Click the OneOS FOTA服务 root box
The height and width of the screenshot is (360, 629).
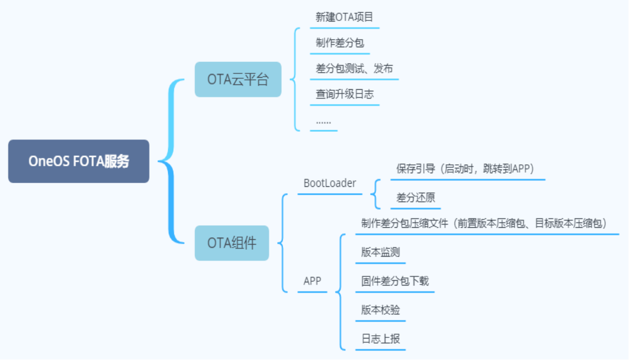click(79, 161)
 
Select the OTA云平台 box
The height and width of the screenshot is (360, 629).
click(238, 79)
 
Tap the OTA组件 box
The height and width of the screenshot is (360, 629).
click(232, 243)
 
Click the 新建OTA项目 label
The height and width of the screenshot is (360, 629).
click(344, 17)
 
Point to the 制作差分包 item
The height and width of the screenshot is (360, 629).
click(339, 43)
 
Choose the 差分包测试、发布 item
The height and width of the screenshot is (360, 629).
click(354, 69)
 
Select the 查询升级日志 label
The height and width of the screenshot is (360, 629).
click(344, 94)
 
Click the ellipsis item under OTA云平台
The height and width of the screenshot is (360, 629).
click(323, 122)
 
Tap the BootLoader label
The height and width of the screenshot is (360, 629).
click(329, 183)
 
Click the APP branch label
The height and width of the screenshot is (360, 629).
click(312, 281)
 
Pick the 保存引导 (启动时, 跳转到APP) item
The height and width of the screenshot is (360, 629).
click(465, 169)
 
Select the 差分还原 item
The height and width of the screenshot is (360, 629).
click(415, 198)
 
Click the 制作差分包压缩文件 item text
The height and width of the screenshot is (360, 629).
click(484, 224)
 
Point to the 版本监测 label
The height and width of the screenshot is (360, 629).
click(380, 252)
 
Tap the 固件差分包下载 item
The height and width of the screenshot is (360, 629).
click(395, 281)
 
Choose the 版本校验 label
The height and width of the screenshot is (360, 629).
click(380, 310)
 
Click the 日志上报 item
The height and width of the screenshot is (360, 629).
click(380, 339)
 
